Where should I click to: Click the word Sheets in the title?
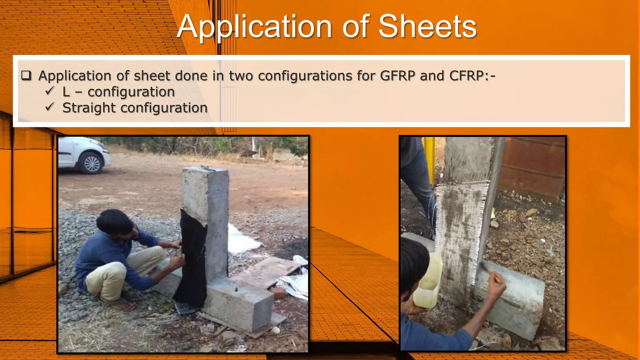click(x=427, y=27)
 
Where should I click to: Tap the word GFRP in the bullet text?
click(x=397, y=76)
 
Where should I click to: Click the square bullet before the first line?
click(x=26, y=76)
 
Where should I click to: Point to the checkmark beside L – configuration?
click(x=50, y=91)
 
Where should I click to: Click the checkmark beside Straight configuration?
click(x=50, y=107)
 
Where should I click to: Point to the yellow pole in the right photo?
click(x=430, y=159)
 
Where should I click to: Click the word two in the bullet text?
click(x=241, y=76)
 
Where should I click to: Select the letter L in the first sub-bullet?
click(x=66, y=92)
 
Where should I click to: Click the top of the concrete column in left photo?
click(x=205, y=170)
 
